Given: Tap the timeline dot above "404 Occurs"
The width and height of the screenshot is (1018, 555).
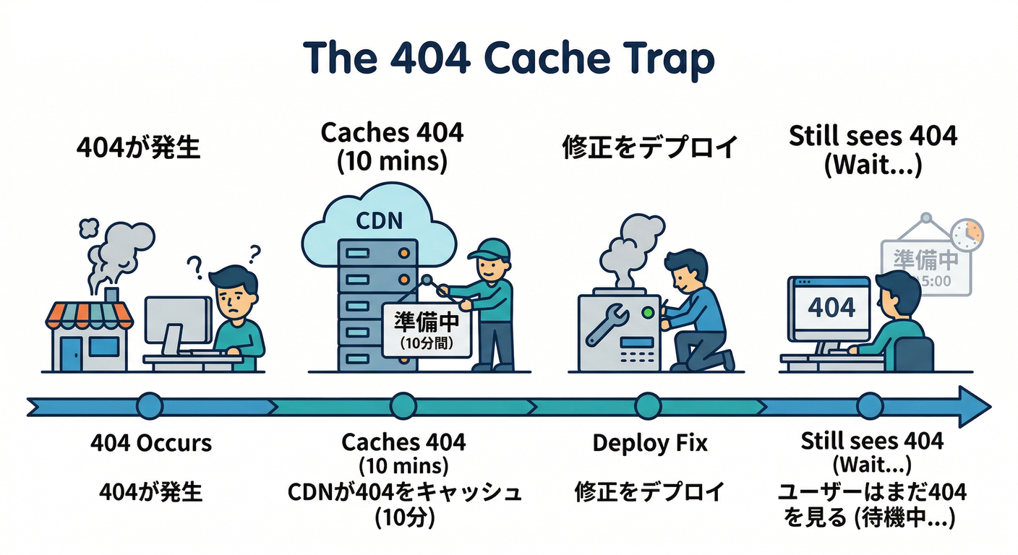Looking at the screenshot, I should [x=150, y=407].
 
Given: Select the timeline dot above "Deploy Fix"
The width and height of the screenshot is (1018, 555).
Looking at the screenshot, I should [x=649, y=407].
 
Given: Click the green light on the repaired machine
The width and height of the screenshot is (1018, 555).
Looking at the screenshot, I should [x=648, y=313].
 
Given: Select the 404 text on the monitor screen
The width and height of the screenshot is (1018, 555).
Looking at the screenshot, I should [x=831, y=308].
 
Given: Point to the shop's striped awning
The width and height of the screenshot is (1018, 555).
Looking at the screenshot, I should [x=90, y=313].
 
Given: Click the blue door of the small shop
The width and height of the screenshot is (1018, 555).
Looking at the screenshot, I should [x=72, y=353].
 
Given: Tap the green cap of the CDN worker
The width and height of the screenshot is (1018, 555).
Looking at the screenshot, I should [x=490, y=249].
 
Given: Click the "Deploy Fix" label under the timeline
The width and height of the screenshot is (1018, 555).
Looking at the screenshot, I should [x=649, y=443].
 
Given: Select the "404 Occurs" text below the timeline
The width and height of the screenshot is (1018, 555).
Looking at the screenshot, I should [x=151, y=442].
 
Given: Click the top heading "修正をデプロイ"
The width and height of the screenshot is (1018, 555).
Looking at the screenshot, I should [x=649, y=147].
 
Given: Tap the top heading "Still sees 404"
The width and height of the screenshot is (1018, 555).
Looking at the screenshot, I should [x=873, y=136].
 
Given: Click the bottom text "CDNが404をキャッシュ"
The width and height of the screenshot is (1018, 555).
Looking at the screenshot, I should [x=404, y=493].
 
